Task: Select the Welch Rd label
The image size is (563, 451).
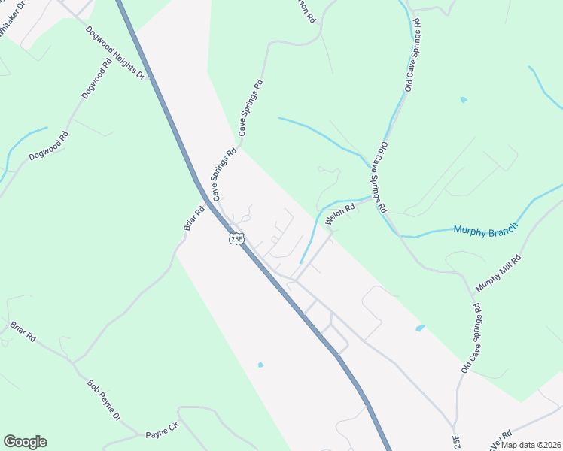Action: pyautogui.click(x=339, y=216)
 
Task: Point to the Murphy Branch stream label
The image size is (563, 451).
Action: pyautogui.click(x=485, y=229)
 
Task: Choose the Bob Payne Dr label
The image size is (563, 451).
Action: pyautogui.click(x=104, y=400)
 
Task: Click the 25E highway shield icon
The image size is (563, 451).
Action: pyautogui.click(x=236, y=238)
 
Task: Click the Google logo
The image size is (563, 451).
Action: pyautogui.click(x=25, y=442)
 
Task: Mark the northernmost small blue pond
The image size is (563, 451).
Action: pyautogui.click(x=463, y=99)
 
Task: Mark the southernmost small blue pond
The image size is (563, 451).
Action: pyautogui.click(x=260, y=365)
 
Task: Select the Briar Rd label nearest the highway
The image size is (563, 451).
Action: pyautogui.click(x=194, y=219)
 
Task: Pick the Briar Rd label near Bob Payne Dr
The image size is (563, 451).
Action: pyautogui.click(x=23, y=331)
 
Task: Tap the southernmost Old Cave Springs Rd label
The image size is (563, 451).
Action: pyautogui.click(x=471, y=339)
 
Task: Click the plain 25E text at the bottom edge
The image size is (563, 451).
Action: pyautogui.click(x=455, y=440)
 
